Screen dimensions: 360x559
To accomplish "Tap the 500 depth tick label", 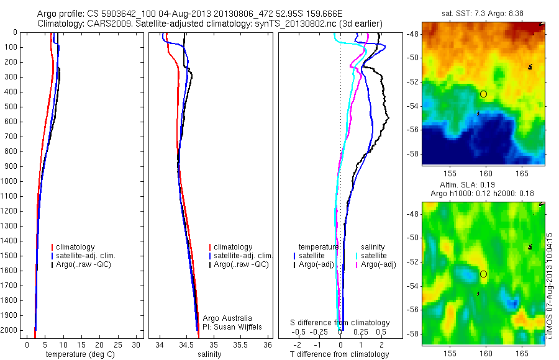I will pos(12,107).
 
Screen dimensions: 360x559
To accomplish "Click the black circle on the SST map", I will pos(483,94).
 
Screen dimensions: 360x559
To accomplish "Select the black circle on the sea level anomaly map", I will pos(483,274).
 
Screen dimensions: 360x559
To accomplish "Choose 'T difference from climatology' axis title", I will pos(339,354).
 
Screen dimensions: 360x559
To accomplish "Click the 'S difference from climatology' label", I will pos(340,323).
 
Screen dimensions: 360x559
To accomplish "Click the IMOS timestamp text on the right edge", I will pos(550,286).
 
